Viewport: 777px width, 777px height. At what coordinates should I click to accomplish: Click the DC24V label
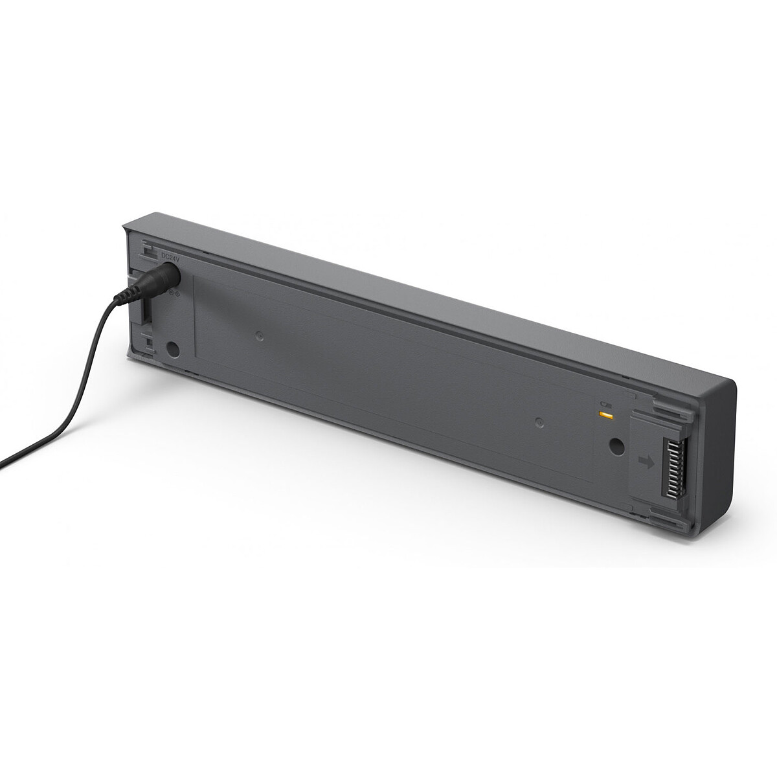point(169,258)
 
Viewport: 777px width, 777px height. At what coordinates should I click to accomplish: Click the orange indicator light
point(605,414)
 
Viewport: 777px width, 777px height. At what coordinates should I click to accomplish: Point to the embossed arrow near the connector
point(646,462)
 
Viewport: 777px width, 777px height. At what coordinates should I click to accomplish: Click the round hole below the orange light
point(616,446)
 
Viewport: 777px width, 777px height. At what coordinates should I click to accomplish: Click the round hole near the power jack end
point(173,350)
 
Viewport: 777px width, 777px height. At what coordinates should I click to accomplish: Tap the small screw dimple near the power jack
point(259,336)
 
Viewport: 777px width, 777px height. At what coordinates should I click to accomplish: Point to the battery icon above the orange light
point(605,403)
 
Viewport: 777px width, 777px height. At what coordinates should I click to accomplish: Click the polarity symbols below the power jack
point(172,293)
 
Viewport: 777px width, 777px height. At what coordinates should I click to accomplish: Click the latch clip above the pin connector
point(670,409)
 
